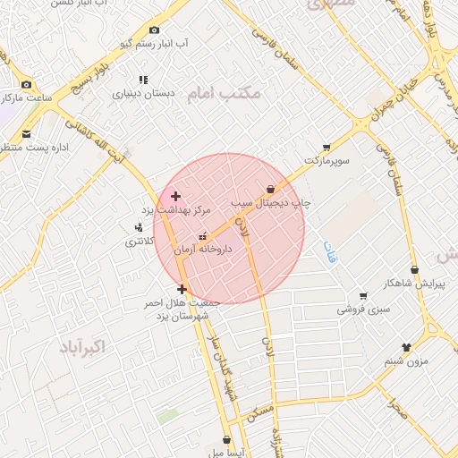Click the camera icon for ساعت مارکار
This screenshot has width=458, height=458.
tap(26, 84)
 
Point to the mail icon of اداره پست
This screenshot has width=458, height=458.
tap(26, 135)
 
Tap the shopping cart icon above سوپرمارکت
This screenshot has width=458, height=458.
tap(327, 147)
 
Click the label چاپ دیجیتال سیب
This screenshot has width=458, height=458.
tap(270, 203)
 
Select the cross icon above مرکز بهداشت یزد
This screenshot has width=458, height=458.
tap(175, 196)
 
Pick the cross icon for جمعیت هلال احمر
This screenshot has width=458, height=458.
tap(182, 289)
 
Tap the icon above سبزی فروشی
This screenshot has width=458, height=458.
tap(362, 296)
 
